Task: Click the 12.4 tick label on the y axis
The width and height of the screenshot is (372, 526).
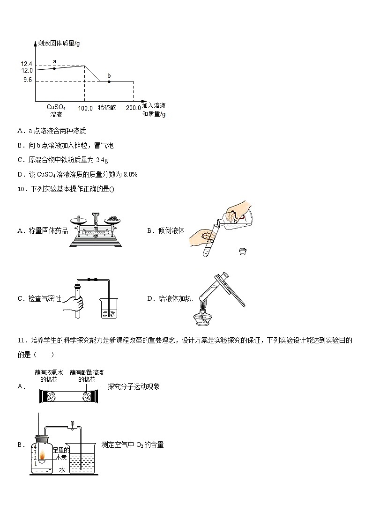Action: (26, 64)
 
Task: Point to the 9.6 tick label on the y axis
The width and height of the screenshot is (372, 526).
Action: (27, 80)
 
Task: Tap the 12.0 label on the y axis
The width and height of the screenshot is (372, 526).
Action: (26, 70)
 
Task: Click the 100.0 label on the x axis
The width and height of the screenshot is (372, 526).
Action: (85, 108)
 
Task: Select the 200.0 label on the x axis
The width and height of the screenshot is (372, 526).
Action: (133, 108)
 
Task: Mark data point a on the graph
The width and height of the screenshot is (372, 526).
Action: (54, 68)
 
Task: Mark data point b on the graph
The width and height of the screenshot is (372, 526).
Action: (109, 81)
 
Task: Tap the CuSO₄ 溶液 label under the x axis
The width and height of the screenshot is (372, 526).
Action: (56, 111)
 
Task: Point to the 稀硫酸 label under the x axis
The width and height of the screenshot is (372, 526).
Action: (107, 107)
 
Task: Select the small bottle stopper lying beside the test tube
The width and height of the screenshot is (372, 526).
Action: (242, 252)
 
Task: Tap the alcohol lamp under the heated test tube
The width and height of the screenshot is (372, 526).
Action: (202, 318)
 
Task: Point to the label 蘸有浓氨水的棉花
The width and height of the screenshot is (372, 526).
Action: (49, 376)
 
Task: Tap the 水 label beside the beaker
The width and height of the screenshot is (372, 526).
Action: (61, 469)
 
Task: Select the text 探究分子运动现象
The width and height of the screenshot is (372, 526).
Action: (134, 386)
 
